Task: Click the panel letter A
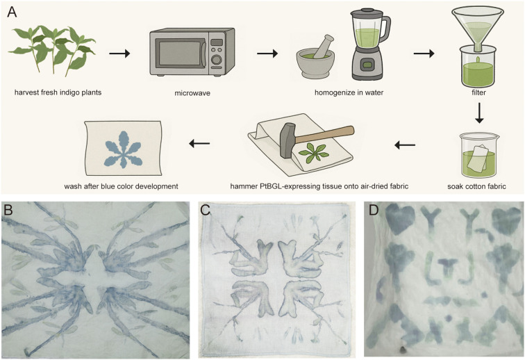coord(12,12)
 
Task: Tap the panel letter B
coord(8,210)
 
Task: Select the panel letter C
coord(205,210)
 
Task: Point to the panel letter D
coord(374,210)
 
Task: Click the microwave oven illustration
coord(192,52)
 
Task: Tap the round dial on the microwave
coord(217,60)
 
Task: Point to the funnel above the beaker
coord(478,28)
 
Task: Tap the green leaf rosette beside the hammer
coord(312,152)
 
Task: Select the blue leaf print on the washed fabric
coord(123,149)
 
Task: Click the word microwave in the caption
coord(192,93)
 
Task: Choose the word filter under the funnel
coord(478,92)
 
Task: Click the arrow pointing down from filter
coord(479,113)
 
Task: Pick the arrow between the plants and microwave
coord(119,53)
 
